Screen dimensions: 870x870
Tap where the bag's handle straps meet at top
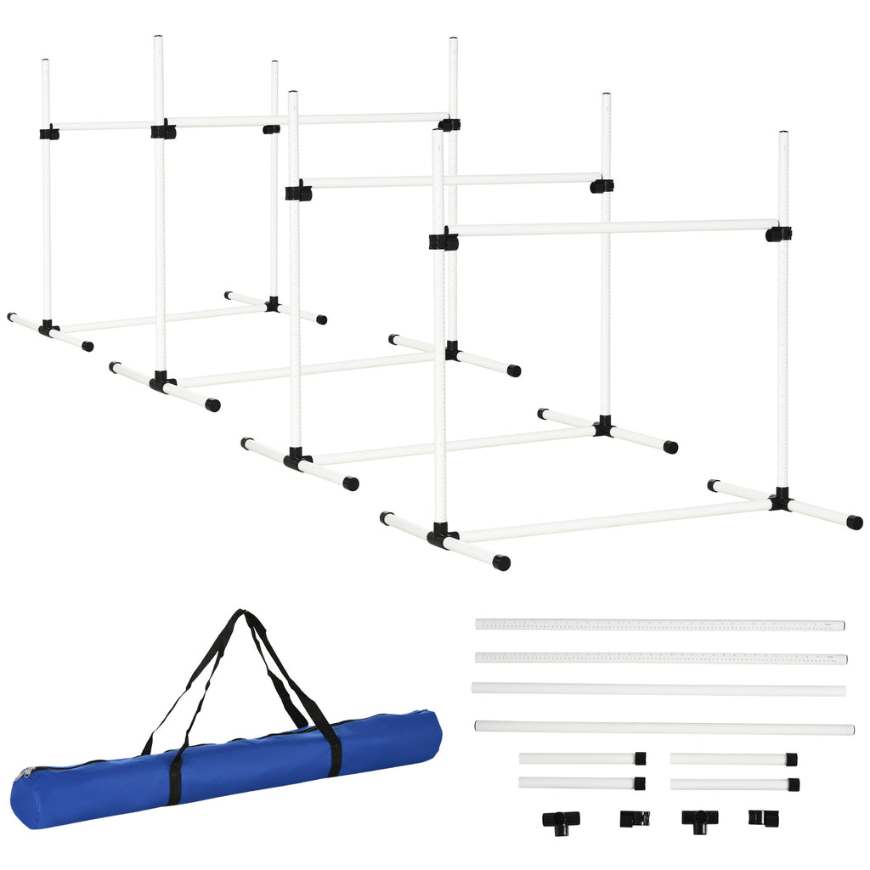(242, 614)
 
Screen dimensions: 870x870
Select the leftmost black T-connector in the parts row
(560, 820)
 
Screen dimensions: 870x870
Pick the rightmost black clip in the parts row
(760, 817)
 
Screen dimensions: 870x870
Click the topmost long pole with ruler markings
(660, 624)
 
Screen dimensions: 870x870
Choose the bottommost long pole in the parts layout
(664, 727)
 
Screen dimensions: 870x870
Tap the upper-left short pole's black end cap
(640, 758)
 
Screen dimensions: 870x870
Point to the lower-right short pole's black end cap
(792, 784)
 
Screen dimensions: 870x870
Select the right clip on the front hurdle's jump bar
(778, 233)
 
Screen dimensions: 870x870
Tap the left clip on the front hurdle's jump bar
(443, 240)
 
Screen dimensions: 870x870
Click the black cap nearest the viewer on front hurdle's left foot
(502, 562)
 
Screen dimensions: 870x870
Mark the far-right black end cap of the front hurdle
(854, 522)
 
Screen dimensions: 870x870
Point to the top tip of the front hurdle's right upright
(782, 134)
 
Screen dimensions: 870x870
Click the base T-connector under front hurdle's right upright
(780, 500)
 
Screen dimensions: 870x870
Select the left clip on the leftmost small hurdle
(49, 133)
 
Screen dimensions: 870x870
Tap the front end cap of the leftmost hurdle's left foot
(87, 346)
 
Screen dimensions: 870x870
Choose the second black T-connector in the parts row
(699, 820)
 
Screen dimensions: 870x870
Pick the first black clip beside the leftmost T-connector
(634, 818)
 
